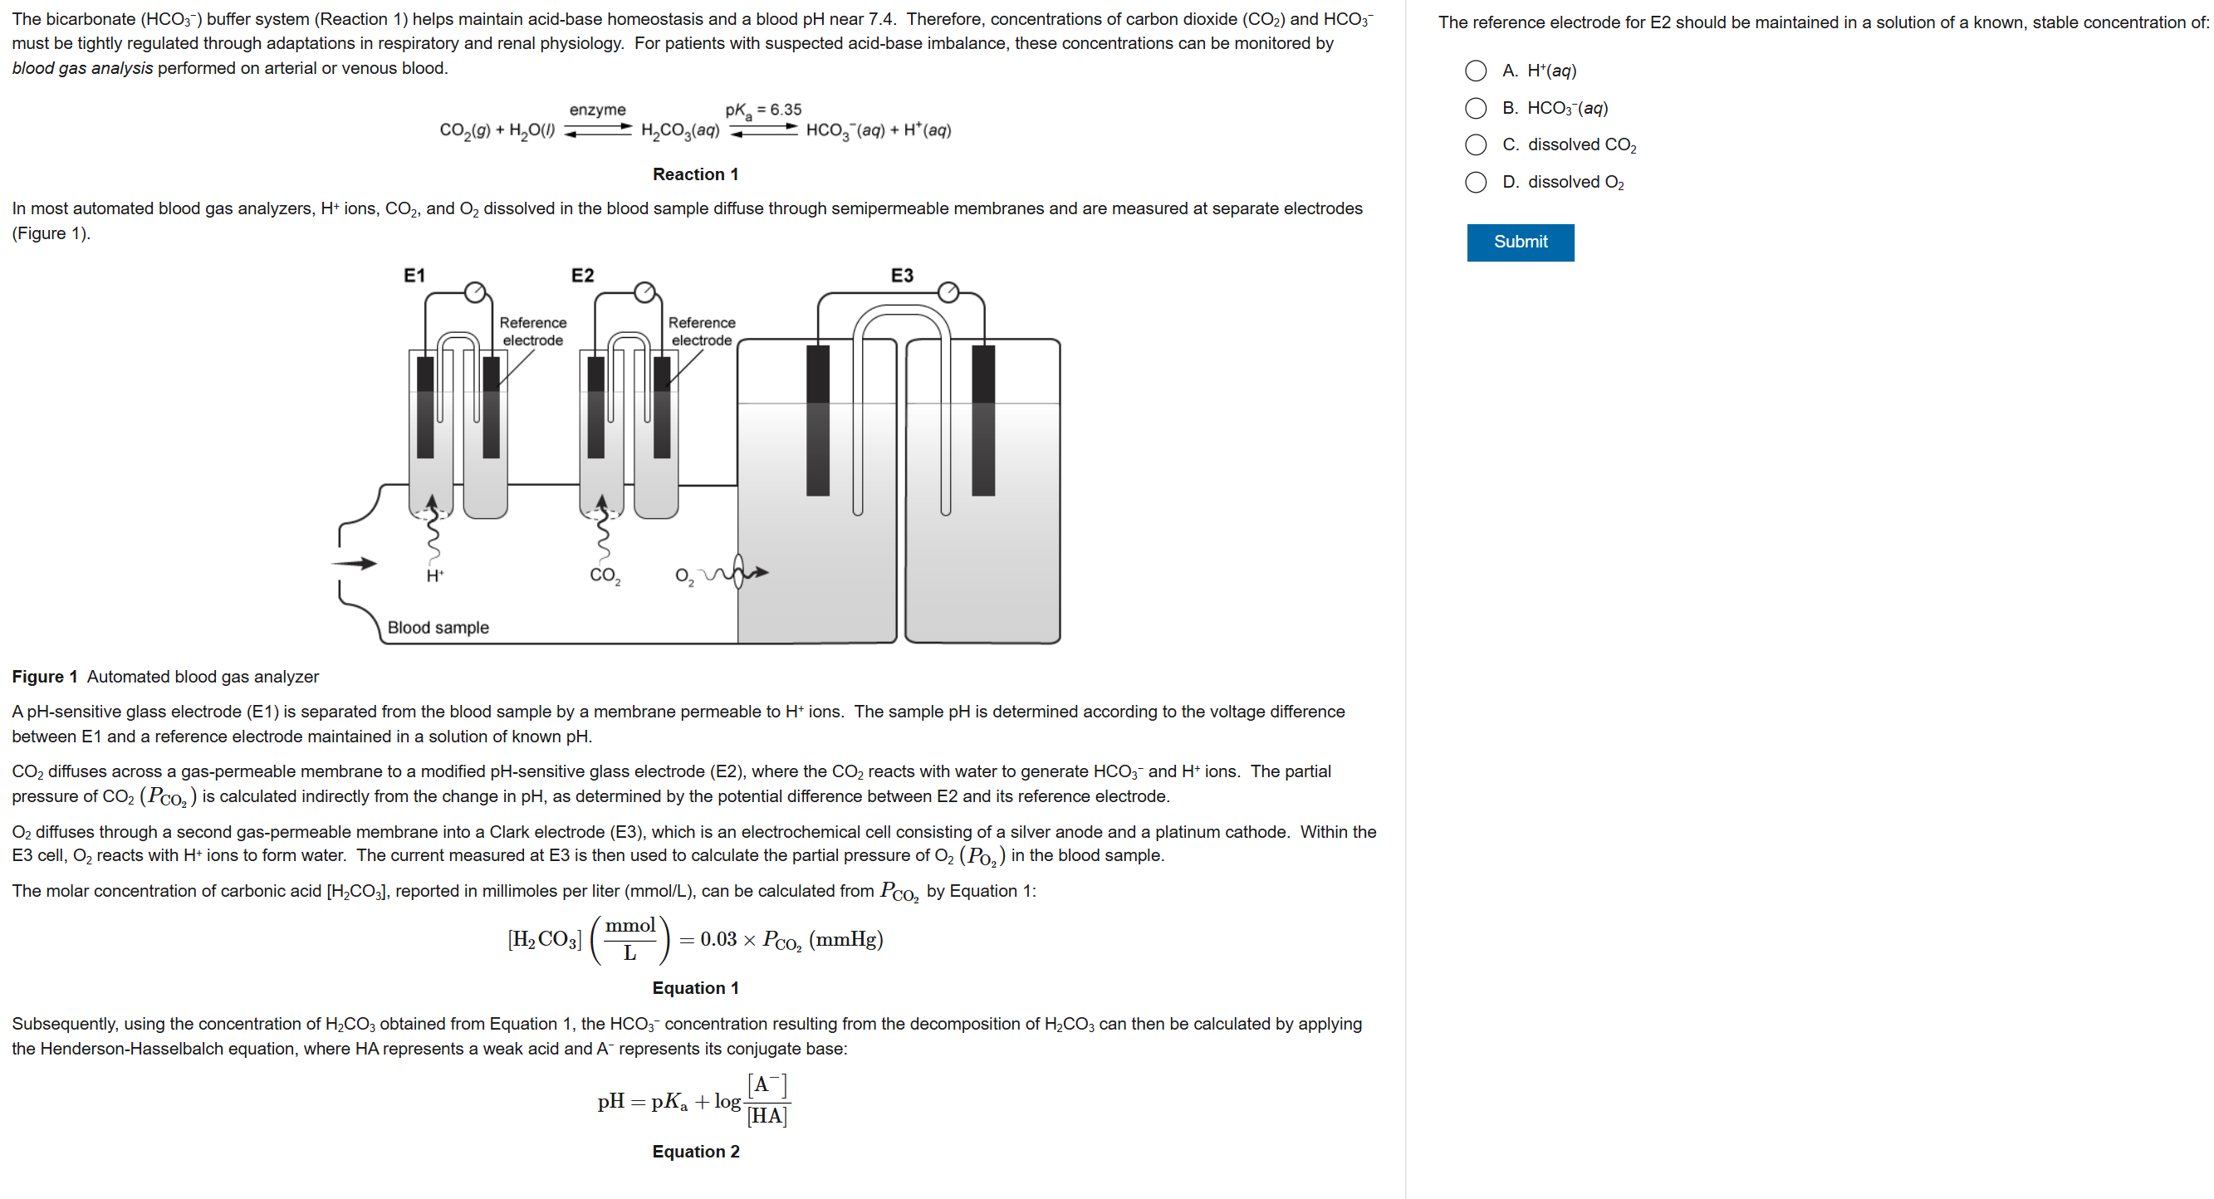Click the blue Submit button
click(1520, 242)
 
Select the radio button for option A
click(1475, 71)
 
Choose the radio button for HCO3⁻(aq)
click(1475, 107)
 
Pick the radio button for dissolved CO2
click(1475, 144)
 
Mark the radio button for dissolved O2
click(1475, 181)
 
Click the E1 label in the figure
click(414, 275)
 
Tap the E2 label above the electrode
click(582, 275)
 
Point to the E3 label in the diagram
click(902, 275)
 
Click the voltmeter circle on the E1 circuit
click(474, 292)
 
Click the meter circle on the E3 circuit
click(948, 292)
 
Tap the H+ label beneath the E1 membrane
click(435, 575)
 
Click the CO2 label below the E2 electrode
click(605, 575)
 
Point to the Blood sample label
click(438, 628)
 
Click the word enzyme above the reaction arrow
click(597, 110)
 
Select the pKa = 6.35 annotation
click(762, 110)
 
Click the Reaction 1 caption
click(695, 174)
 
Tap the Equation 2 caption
click(695, 1151)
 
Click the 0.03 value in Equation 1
click(718, 939)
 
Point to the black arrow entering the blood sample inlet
click(354, 564)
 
